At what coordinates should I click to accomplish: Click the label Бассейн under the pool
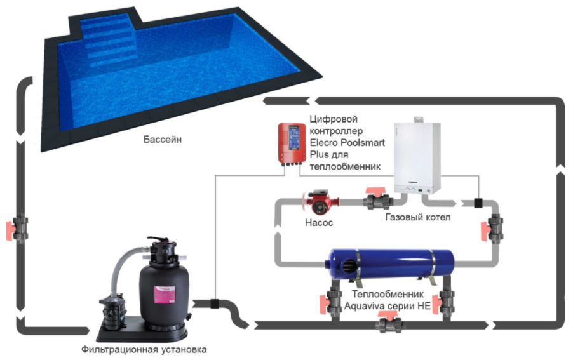(x=162, y=140)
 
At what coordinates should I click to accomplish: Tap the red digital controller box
(x=292, y=143)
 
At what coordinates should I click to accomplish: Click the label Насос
(x=319, y=222)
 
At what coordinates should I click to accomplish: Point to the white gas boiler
(x=417, y=156)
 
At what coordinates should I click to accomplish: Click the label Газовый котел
(x=418, y=217)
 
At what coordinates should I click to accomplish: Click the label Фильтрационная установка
(x=144, y=349)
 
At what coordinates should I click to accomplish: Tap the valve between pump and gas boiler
(x=377, y=199)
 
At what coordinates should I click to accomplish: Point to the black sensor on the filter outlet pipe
(x=215, y=303)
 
